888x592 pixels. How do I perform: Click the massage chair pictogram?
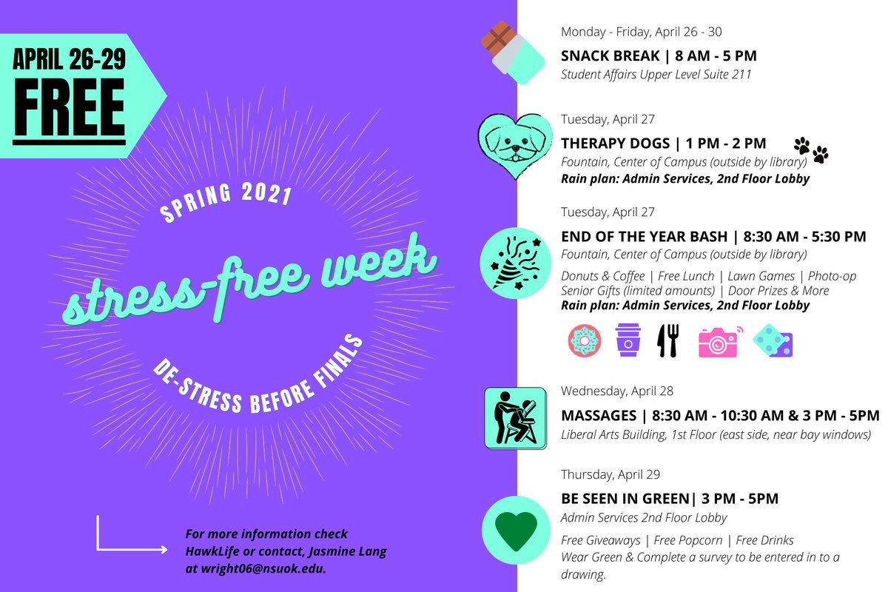[x=515, y=418]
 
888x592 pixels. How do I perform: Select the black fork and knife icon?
[x=668, y=341]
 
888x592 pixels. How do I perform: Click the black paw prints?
[x=811, y=149]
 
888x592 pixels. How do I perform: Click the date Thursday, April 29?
[x=610, y=474]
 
